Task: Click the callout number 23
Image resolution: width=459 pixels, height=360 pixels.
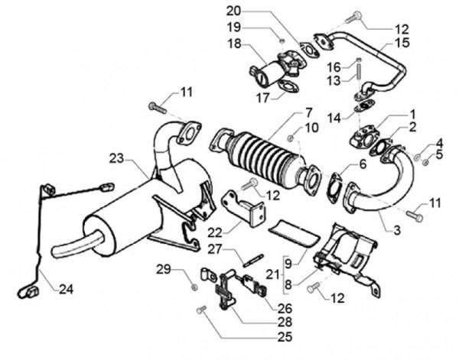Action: point(116,158)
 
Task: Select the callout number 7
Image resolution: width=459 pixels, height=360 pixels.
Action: point(286,112)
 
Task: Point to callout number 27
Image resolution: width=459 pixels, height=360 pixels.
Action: point(215,248)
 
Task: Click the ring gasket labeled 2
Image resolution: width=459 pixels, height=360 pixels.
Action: point(382,146)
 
